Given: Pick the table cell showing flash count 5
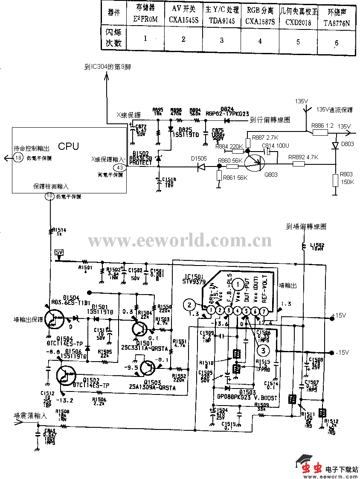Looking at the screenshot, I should click(298, 41).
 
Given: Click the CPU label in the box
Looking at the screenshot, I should click(68, 146).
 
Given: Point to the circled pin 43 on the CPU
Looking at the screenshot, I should click(119, 168).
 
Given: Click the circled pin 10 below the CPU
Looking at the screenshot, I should click(50, 196).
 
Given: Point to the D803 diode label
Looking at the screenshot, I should click(347, 144).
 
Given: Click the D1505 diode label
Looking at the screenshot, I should click(199, 158).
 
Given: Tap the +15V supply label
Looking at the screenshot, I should click(340, 316).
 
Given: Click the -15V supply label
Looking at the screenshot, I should click(342, 353).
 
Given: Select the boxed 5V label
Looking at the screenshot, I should click(58, 252).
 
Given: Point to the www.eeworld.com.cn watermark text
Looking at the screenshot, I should click(180, 241).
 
